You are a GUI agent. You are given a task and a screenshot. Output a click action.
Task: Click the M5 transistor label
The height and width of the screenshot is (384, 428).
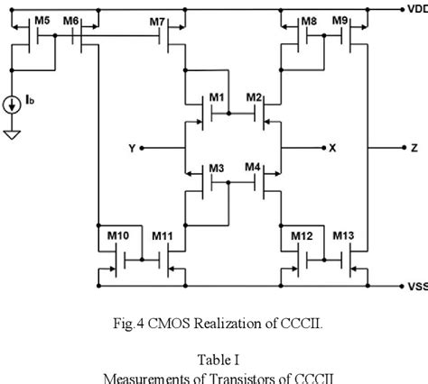(42, 20)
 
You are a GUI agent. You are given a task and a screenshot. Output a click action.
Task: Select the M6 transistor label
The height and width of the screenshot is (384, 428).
(71, 20)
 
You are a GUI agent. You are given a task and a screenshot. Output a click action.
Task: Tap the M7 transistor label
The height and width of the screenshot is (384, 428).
(157, 20)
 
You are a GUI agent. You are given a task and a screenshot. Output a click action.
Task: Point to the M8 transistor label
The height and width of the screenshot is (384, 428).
(309, 20)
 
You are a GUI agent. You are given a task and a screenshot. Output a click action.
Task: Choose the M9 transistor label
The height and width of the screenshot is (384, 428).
(340, 20)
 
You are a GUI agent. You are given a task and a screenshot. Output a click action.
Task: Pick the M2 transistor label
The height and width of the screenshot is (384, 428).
(254, 96)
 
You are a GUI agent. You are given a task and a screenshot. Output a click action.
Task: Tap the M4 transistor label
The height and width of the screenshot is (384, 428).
(252, 168)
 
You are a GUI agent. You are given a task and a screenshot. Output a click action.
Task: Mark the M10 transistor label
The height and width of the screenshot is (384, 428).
(118, 236)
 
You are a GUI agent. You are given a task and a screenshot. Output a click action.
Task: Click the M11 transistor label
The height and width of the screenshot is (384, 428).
(163, 236)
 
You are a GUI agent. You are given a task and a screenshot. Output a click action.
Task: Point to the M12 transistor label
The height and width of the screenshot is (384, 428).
(302, 236)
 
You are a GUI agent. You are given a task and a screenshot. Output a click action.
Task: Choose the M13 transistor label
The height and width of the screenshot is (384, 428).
(343, 236)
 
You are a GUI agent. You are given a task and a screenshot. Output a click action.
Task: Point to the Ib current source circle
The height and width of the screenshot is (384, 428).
(12, 105)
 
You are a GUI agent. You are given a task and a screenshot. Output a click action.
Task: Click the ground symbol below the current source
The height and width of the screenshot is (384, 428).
(12, 135)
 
